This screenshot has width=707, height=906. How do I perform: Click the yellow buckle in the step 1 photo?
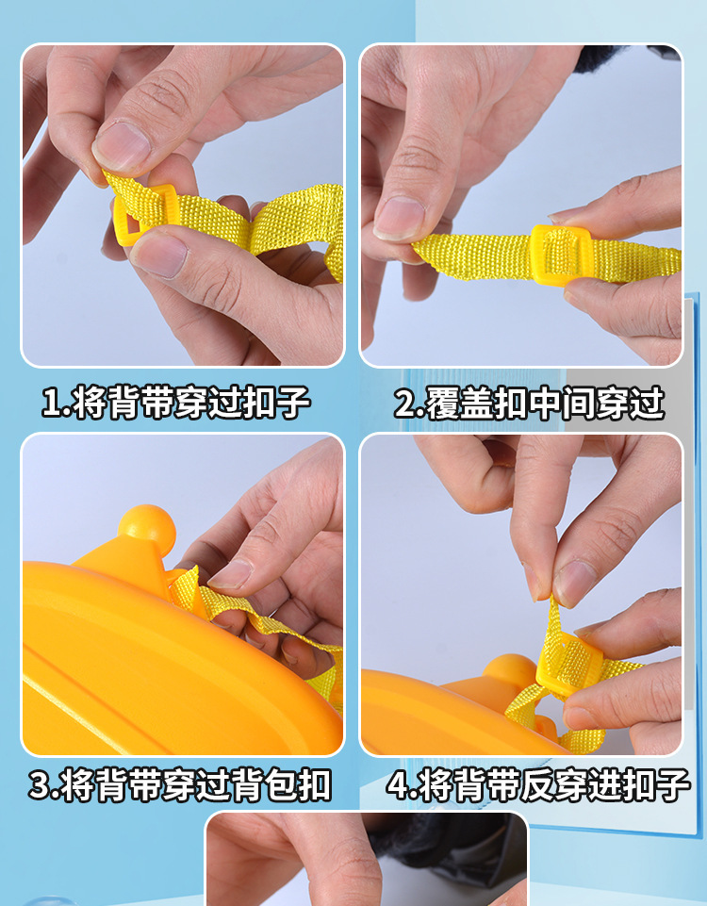click(x=142, y=215)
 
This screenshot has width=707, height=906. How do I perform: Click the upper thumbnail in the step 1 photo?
click(x=122, y=145)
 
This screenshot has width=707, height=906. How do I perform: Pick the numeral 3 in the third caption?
click(x=40, y=785)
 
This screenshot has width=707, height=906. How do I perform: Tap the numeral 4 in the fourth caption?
click(x=399, y=785)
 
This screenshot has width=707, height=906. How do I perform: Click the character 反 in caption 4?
click(x=534, y=785)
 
